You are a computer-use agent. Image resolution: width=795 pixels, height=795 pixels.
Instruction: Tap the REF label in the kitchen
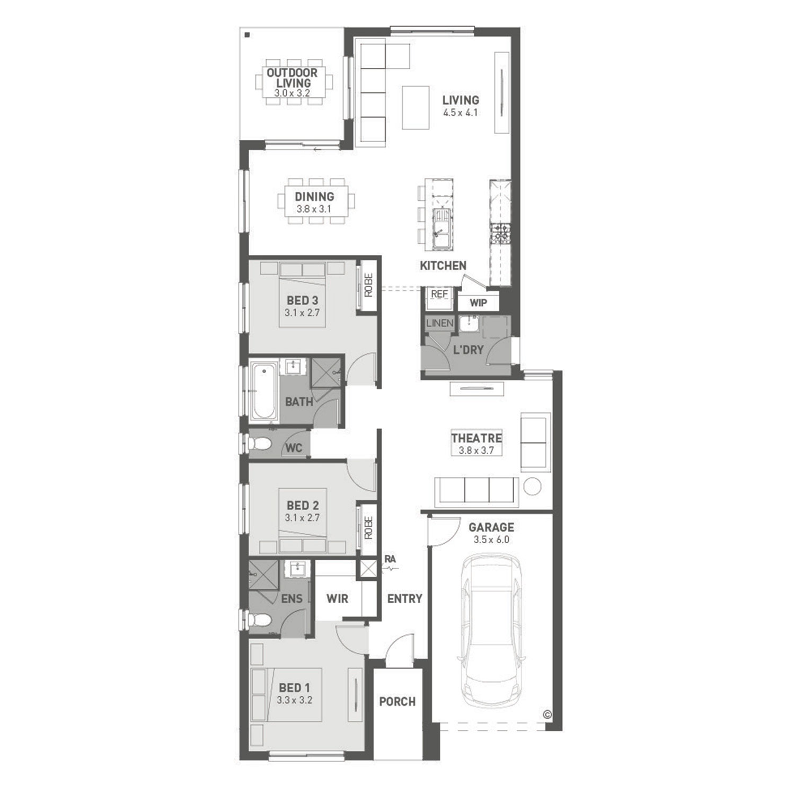point(439,294)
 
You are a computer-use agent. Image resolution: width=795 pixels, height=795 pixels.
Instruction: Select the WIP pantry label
point(478,303)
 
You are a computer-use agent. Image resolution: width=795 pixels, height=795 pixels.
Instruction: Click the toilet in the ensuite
point(258,619)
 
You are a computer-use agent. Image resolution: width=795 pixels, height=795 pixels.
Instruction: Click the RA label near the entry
point(391,559)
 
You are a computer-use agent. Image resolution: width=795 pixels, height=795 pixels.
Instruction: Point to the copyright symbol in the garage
point(547,714)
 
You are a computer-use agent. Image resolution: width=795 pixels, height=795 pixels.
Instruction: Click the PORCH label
point(397,702)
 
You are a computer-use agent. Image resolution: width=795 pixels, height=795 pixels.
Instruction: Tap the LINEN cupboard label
point(439,323)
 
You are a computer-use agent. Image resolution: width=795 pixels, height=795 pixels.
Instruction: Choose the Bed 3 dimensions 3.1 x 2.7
point(302,313)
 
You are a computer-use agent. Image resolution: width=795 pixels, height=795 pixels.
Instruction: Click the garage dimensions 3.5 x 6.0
point(491,540)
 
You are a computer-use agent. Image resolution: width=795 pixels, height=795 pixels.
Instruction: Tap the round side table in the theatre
point(532,486)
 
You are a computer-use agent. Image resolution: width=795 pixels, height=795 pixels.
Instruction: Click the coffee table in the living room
point(416,108)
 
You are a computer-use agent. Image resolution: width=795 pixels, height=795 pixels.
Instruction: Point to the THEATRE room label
point(476,438)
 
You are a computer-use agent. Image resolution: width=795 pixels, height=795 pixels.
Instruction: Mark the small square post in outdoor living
point(248,36)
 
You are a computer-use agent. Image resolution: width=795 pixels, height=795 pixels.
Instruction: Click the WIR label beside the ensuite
point(338,599)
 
